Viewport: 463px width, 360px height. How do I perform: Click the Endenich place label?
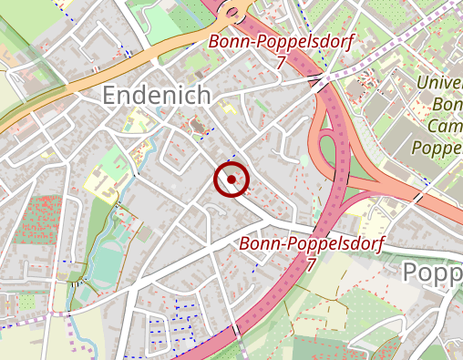(156, 95)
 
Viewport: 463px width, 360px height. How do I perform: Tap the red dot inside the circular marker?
(231, 180)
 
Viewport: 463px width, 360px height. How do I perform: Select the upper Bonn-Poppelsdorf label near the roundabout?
(280, 42)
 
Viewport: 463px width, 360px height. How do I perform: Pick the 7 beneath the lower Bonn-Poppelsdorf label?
(311, 264)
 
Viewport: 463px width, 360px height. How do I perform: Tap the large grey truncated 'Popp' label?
(431, 273)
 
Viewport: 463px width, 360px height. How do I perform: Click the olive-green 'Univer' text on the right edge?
(438, 84)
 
